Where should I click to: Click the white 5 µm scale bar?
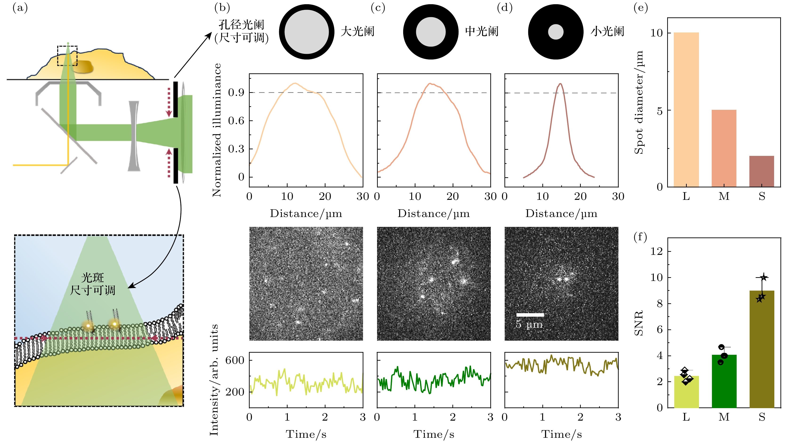pyautogui.click(x=530, y=315)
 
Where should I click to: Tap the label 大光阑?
pyautogui.click(x=357, y=32)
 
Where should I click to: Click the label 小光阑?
pyautogui.click(x=607, y=32)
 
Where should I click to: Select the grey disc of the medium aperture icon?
pyautogui.click(x=431, y=32)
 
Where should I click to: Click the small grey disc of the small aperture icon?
pyautogui.click(x=556, y=32)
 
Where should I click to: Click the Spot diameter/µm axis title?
pyautogui.click(x=639, y=102)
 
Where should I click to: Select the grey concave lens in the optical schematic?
pyautogui.click(x=134, y=136)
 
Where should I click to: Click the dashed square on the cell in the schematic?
pyautogui.click(x=67, y=55)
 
